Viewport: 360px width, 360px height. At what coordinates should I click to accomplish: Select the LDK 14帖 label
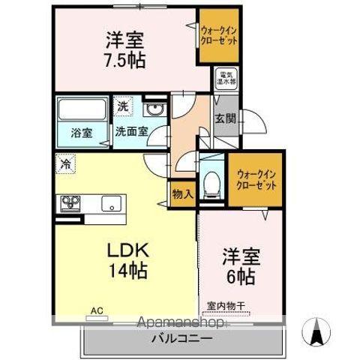pyautogui.click(x=125, y=259)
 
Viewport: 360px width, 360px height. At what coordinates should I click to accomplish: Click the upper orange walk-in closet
pyautogui.click(x=218, y=35)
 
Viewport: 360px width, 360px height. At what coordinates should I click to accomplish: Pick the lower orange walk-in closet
pyautogui.click(x=256, y=179)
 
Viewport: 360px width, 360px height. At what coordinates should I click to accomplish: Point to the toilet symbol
pyautogui.click(x=212, y=181)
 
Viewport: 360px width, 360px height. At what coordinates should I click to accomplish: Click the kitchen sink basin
pyautogui.click(x=112, y=203)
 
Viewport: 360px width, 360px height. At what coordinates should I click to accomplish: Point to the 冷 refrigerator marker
pyautogui.click(x=66, y=163)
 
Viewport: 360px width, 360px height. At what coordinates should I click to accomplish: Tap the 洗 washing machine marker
pyautogui.click(x=121, y=106)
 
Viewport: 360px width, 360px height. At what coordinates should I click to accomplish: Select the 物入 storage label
pyautogui.click(x=184, y=193)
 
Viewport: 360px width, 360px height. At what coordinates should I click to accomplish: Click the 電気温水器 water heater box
pyautogui.click(x=226, y=77)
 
